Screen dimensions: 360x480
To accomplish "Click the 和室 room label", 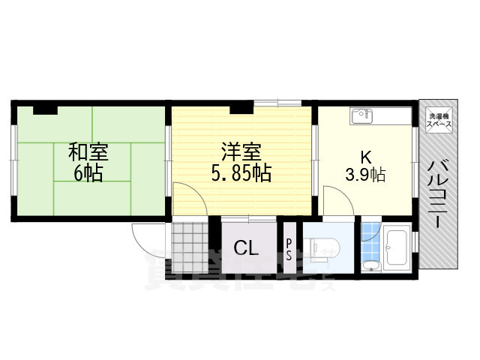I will [x=88, y=153].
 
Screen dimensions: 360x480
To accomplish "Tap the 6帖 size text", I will [x=88, y=174].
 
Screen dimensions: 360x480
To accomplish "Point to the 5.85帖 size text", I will [x=241, y=174].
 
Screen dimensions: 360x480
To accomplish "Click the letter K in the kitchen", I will [x=366, y=158].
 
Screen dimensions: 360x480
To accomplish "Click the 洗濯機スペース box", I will [x=438, y=121].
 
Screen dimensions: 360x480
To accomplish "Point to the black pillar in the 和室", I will [x=45, y=109].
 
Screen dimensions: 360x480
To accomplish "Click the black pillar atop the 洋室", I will [x=241, y=109].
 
